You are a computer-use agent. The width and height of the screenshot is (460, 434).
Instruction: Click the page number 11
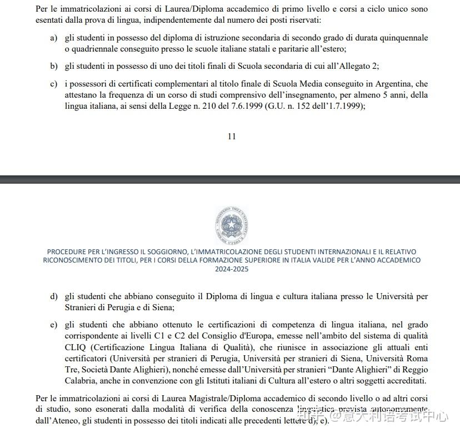pos(232,137)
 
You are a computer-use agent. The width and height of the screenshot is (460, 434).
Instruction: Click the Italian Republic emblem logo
pos(231,225)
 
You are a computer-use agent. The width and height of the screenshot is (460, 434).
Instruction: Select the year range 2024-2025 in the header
pos(231,269)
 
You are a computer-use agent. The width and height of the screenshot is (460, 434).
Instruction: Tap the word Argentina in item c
pos(395,84)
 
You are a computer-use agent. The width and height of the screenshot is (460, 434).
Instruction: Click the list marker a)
pos(53,38)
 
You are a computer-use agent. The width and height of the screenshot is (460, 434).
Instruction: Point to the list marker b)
pos(53,66)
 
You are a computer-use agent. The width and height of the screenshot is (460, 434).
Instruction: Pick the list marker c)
pos(53,84)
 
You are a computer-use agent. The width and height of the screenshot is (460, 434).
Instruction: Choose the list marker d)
pos(53,296)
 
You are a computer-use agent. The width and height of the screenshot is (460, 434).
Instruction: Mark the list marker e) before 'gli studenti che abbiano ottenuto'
pos(53,325)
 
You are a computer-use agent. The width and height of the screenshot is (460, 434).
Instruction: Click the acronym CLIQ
pos(76,347)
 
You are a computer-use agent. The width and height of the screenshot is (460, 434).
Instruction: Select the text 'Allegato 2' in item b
pos(356,66)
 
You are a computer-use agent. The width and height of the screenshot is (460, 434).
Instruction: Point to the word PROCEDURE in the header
pos(66,251)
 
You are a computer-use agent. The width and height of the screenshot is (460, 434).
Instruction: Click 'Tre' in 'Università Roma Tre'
pos(72,370)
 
